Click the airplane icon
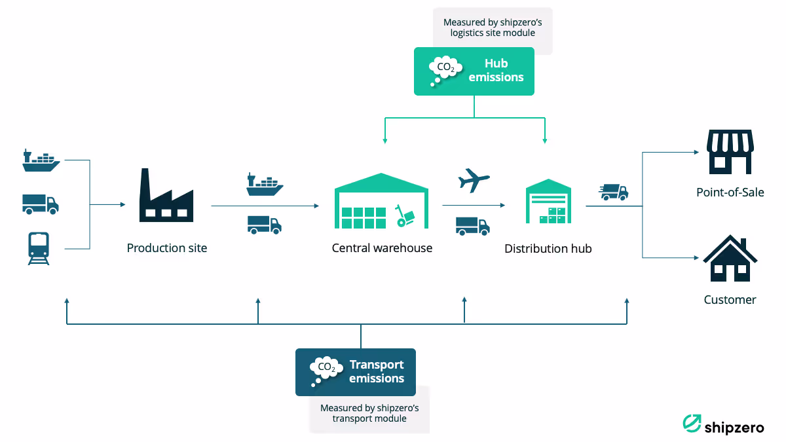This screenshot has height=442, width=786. (474, 180)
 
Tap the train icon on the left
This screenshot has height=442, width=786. (39, 248)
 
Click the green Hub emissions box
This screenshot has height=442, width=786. (474, 71)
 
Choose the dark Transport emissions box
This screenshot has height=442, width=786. (356, 372)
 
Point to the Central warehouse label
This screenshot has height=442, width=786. (382, 248)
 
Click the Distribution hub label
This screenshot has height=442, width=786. (548, 249)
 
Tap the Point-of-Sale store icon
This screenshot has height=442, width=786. (730, 151)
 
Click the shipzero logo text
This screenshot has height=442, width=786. (734, 428)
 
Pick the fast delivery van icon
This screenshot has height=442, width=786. (614, 192)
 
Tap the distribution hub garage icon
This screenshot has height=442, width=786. (548, 202)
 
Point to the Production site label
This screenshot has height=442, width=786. (167, 248)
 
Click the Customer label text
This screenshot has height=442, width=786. (730, 300)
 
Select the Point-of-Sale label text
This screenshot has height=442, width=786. (730, 193)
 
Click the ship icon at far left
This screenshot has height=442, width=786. (41, 160)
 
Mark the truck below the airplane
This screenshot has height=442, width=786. (473, 226)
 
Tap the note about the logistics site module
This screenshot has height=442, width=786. (493, 28)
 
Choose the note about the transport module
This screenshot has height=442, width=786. (369, 413)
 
